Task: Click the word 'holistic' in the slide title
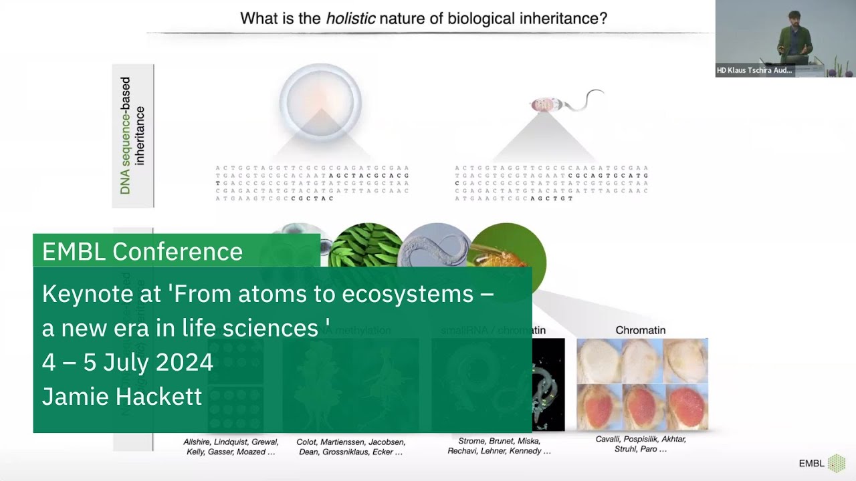pyautogui.click(x=350, y=18)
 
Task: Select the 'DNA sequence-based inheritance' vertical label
pyautogui.click(x=133, y=136)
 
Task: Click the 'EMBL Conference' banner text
pyautogui.click(x=142, y=251)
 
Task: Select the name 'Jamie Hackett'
pyautogui.click(x=122, y=396)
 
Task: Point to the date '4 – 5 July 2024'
pyautogui.click(x=128, y=362)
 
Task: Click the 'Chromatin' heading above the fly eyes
pyautogui.click(x=640, y=330)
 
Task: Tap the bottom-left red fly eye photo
pyautogui.click(x=599, y=408)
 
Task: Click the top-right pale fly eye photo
pyautogui.click(x=685, y=361)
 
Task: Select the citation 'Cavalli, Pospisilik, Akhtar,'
pyautogui.click(x=641, y=439)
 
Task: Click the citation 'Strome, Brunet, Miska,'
pyautogui.click(x=499, y=441)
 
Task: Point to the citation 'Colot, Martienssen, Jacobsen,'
pyautogui.click(x=350, y=442)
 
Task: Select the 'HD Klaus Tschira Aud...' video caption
pyautogui.click(x=754, y=70)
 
